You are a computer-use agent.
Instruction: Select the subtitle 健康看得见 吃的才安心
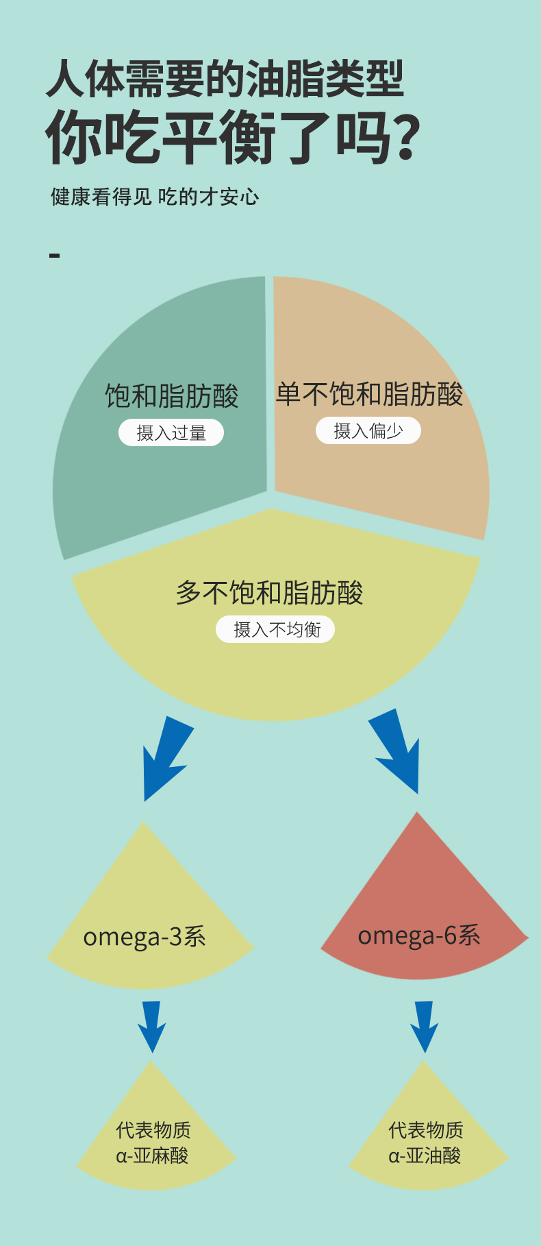pyautogui.click(x=155, y=197)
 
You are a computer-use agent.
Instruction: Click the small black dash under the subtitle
pyautogui.click(x=55, y=256)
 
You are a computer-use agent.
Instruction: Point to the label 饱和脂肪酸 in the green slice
pyautogui.click(x=171, y=396)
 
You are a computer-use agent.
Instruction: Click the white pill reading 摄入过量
pyautogui.click(x=171, y=433)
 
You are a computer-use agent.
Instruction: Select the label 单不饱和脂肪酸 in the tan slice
pyautogui.click(x=369, y=394)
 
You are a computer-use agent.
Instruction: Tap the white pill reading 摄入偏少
pyautogui.click(x=368, y=431)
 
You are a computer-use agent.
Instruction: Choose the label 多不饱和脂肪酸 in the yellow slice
pyautogui.click(x=269, y=593)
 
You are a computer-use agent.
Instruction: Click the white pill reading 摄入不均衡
pyautogui.click(x=275, y=629)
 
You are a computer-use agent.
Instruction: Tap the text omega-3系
pyautogui.click(x=144, y=937)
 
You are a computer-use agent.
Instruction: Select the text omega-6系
pyautogui.click(x=419, y=936)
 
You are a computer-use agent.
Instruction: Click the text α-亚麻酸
pyautogui.click(x=152, y=1156)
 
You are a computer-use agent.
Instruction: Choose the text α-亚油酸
pyautogui.click(x=425, y=1156)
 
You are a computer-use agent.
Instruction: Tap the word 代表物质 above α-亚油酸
pyautogui.click(x=425, y=1130)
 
